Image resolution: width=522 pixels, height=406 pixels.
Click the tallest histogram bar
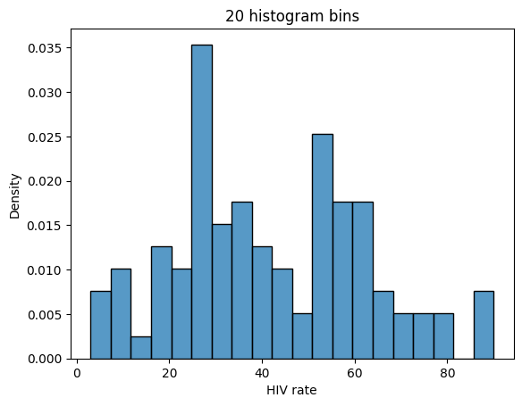[202, 202]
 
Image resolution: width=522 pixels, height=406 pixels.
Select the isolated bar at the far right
[484, 325]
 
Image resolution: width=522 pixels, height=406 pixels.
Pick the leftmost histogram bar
[100, 325]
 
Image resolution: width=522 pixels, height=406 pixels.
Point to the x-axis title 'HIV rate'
[291, 390]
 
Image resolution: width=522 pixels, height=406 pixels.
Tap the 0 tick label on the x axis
[77, 373]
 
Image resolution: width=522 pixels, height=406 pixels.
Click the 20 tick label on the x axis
[170, 373]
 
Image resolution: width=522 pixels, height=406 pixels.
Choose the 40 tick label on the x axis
[262, 373]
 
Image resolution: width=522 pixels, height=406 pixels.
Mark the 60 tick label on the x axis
[354, 373]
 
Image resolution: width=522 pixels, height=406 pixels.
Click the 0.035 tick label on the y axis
[45, 47]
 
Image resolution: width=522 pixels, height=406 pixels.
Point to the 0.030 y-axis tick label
[45, 92]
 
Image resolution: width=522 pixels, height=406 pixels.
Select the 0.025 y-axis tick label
[45, 137]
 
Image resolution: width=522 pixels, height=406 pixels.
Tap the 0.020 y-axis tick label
[45, 181]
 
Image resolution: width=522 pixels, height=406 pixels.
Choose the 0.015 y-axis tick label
[45, 226]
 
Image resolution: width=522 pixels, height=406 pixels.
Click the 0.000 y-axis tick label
[45, 359]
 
